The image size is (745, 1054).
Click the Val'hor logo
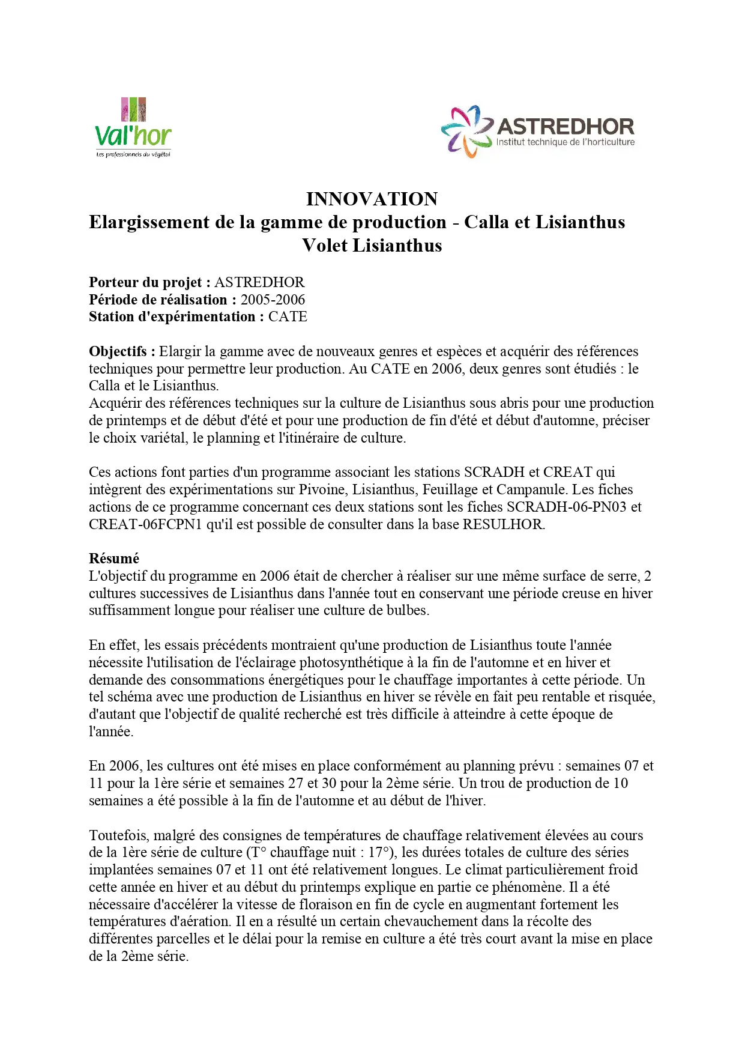pyautogui.click(x=133, y=128)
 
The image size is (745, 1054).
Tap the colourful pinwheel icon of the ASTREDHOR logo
pyautogui.click(x=466, y=131)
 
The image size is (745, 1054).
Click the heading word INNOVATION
pyautogui.click(x=372, y=199)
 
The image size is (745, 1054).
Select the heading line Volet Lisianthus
pyautogui.click(x=372, y=245)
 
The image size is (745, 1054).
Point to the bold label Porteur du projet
pyautogui.click(x=149, y=282)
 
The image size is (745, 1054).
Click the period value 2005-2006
pyautogui.click(x=273, y=300)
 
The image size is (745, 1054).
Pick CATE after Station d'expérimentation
pyautogui.click(x=288, y=317)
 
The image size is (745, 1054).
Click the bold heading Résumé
pyautogui.click(x=114, y=559)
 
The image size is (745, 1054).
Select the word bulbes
pyautogui.click(x=408, y=610)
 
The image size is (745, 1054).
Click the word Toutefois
pyautogui.click(x=119, y=835)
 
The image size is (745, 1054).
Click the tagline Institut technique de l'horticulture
pyautogui.click(x=565, y=142)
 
